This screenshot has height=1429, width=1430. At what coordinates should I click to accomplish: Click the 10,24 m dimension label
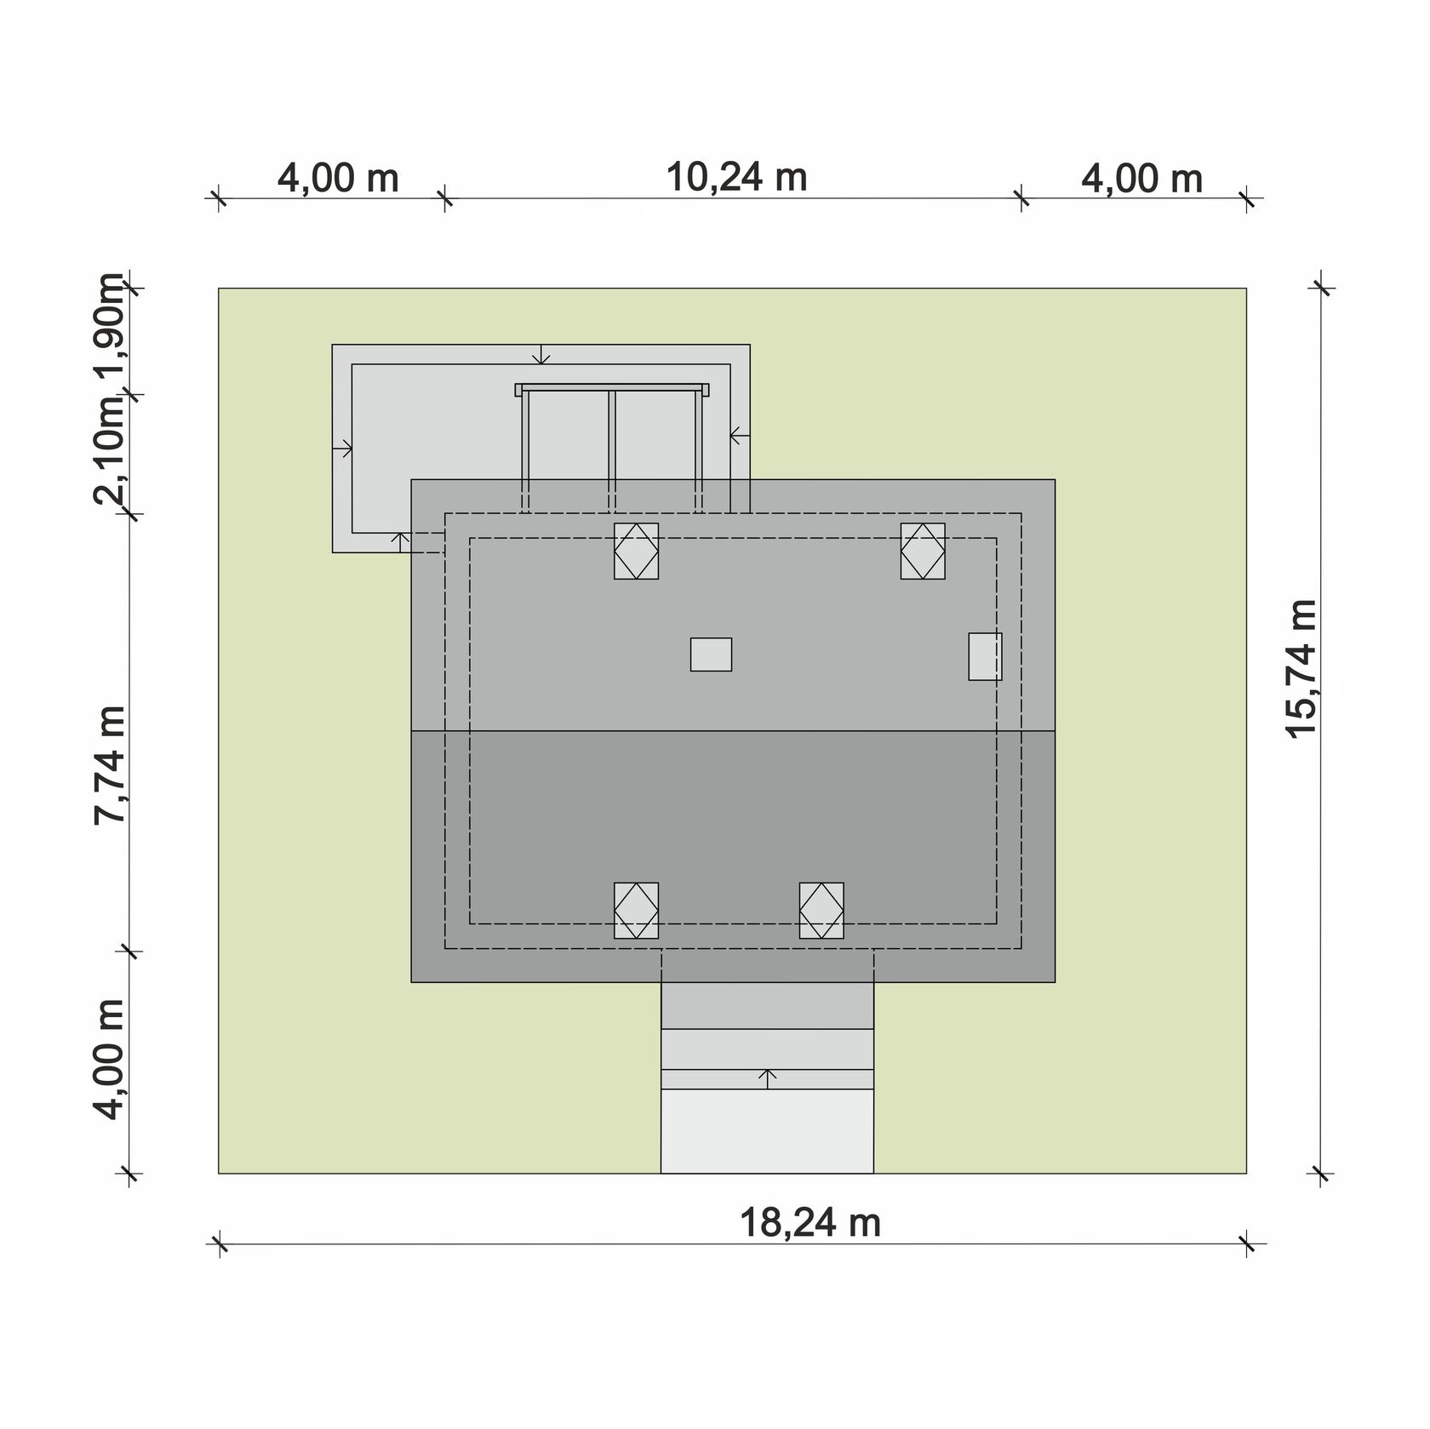(736, 178)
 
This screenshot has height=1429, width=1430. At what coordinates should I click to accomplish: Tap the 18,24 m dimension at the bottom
(809, 1224)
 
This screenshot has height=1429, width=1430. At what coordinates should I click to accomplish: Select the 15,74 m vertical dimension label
(1302, 669)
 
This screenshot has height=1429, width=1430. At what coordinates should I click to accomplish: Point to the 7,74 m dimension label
(111, 764)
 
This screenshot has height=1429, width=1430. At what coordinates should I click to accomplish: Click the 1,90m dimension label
(111, 329)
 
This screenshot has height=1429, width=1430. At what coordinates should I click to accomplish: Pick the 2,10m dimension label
(111, 451)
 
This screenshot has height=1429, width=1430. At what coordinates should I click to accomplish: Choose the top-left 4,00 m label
(338, 179)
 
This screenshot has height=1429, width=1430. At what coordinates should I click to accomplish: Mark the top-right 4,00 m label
(1141, 179)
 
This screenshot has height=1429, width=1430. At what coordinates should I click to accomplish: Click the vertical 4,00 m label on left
(111, 1060)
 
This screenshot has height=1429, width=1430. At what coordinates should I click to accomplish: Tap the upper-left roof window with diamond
(636, 552)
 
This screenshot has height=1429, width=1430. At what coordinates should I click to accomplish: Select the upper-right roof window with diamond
(923, 552)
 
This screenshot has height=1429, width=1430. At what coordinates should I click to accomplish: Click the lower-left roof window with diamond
(636, 911)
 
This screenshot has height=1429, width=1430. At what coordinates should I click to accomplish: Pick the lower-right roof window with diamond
(821, 911)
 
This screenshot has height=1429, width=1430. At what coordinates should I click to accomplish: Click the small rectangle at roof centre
(711, 654)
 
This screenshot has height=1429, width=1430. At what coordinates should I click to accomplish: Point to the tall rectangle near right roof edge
(985, 656)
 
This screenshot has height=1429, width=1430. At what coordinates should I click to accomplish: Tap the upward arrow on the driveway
(768, 1078)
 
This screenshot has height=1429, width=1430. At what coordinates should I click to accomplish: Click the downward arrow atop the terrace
(543, 354)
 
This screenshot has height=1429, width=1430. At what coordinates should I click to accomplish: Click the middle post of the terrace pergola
(611, 452)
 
